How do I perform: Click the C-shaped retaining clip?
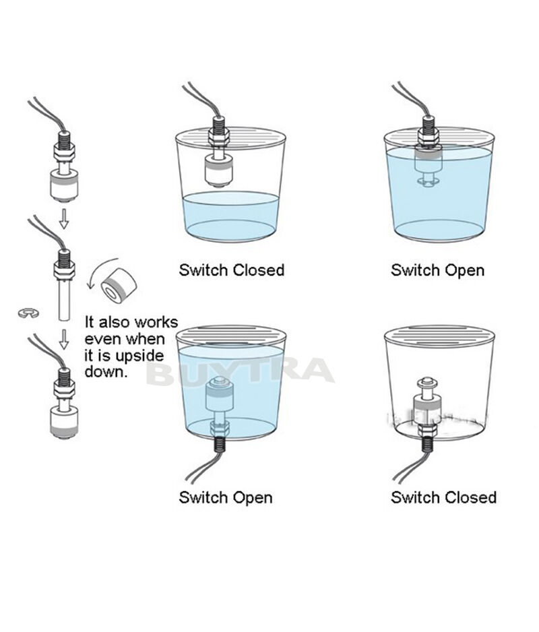coord(29,313)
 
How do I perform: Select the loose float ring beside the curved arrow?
coord(119,284)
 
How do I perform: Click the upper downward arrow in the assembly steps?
coord(64,218)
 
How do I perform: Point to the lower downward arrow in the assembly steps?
coord(64,339)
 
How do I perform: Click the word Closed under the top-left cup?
coord(259,270)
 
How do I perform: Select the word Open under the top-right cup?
coord(461,271)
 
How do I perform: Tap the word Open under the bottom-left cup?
coord(249,498)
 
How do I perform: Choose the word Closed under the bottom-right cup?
coord(470,497)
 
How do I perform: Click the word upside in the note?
coord(140,356)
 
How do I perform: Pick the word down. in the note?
coord(106,371)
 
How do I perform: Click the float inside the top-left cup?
coord(218,171)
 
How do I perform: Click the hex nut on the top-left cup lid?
coord(219,136)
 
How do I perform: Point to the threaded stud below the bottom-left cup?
coord(219,444)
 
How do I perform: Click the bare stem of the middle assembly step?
coord(64,299)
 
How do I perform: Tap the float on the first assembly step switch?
coord(64,186)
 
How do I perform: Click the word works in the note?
coord(156,323)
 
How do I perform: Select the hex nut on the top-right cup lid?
coord(429,135)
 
